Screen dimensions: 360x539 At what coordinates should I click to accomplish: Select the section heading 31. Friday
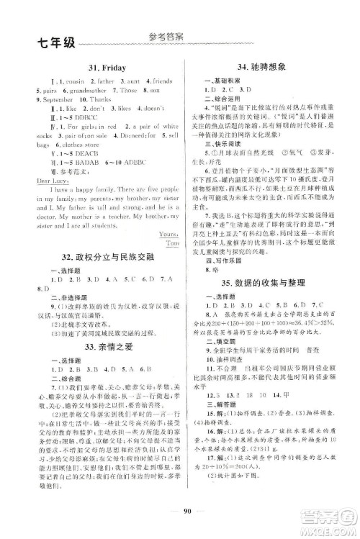pos(101,65)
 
